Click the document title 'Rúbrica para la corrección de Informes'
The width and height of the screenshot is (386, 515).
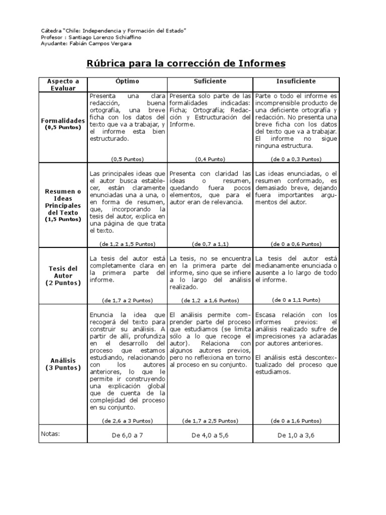(x=186, y=63)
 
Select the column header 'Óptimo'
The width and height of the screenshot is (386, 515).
(x=127, y=81)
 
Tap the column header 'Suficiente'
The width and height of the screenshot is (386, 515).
(x=210, y=81)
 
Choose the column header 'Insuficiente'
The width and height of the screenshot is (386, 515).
(x=296, y=81)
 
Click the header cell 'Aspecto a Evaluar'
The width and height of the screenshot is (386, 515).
(x=63, y=84)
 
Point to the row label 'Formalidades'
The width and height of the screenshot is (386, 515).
(x=63, y=121)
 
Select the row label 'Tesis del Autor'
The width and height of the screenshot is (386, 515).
(x=63, y=276)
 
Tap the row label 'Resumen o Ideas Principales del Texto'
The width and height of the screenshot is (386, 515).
(x=63, y=205)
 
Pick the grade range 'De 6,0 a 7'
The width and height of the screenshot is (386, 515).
(x=127, y=436)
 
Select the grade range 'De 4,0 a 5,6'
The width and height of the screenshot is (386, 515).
(x=210, y=436)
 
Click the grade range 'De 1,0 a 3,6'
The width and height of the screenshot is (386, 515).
(x=296, y=436)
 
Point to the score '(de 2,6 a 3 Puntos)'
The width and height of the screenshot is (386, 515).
(x=127, y=420)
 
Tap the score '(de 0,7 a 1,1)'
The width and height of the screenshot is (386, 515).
(x=210, y=244)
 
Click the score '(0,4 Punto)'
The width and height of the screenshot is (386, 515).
(x=210, y=159)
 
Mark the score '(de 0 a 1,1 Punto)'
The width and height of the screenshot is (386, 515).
(x=296, y=300)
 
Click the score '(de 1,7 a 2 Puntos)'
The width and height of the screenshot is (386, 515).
(x=127, y=300)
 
